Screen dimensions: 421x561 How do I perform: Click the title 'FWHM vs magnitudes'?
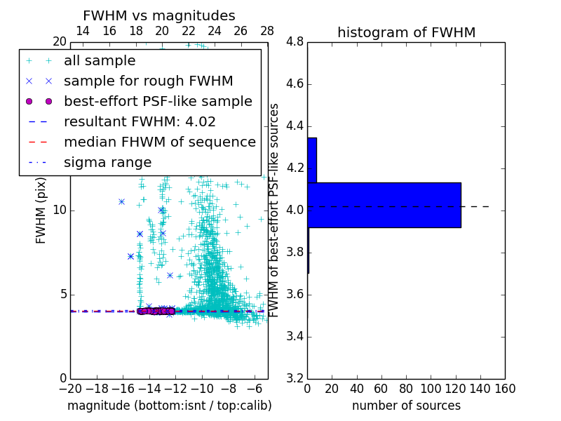pos(159,15)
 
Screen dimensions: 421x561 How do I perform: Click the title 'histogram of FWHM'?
pos(406,32)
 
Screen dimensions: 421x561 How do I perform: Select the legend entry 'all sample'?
pos(100,61)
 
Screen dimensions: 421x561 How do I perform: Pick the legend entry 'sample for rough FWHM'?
pos(148,81)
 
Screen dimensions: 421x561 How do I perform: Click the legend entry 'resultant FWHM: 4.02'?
pos(140,122)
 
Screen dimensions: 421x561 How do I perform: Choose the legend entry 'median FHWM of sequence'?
pos(159,142)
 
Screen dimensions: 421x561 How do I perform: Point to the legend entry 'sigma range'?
pos(107,163)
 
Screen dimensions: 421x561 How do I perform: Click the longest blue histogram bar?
pos(384,205)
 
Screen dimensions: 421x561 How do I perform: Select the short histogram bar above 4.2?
pos(312,160)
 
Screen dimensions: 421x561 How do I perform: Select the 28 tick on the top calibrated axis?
pos(267,31)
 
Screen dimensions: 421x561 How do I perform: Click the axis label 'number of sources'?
pos(406,406)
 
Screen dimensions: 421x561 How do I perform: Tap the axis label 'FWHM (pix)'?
pos(41,210)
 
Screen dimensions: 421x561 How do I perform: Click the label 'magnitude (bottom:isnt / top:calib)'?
pos(169,406)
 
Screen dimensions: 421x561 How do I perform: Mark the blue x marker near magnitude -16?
pos(121,201)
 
